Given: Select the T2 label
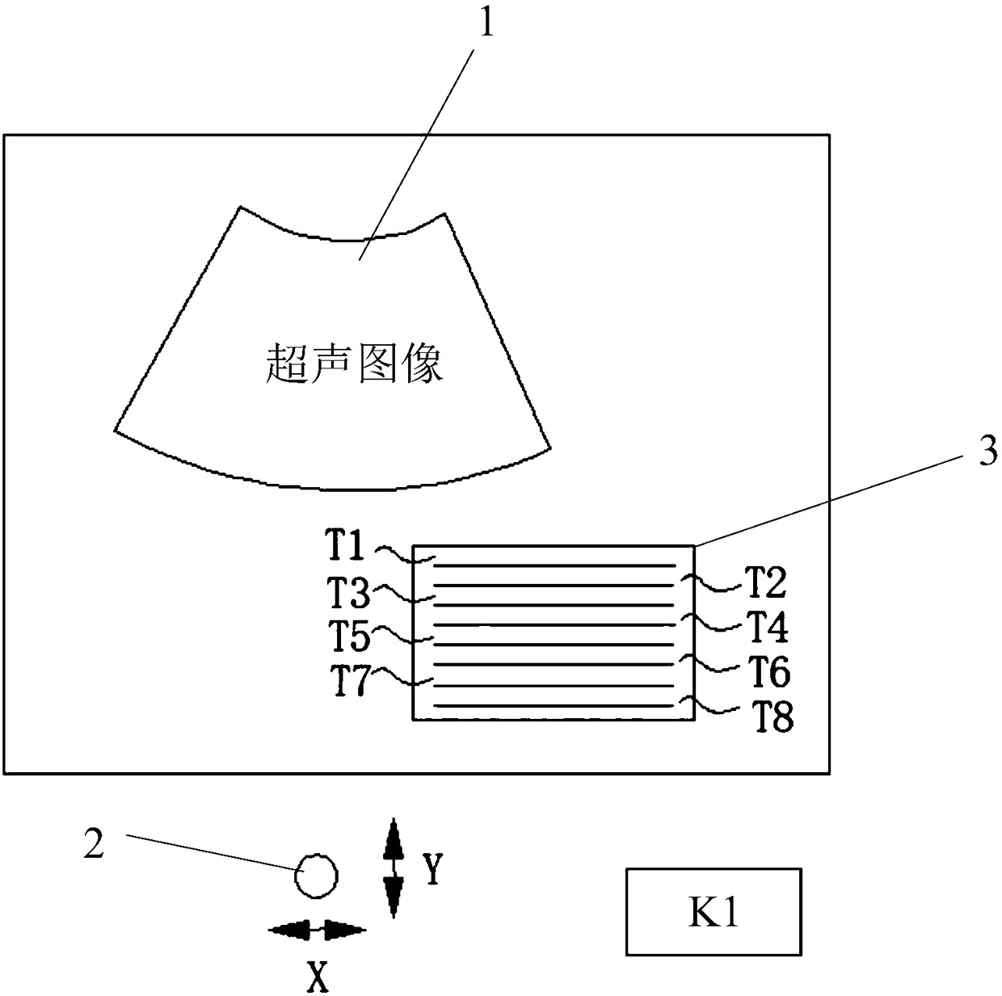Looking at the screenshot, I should pos(765,582).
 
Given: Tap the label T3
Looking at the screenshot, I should pos(348,594).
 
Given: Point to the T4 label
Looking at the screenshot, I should pos(766,626).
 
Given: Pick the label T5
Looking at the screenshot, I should pos(349,636).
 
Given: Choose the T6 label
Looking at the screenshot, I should pos(768,670).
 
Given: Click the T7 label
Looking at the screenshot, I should pos(350,681).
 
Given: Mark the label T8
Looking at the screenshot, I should pos(773,717).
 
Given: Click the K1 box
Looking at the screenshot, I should pos(714,912).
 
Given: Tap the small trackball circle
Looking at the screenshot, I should pos(316,876).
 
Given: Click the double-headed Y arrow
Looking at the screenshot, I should pos(394,868).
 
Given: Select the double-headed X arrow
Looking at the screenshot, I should pos(316,930).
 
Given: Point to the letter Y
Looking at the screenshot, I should pos(433,869).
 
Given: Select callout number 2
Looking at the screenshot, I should pos(95,844).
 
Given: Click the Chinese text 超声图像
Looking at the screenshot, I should pos(354,364).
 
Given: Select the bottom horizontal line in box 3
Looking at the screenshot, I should pos(554,705).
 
